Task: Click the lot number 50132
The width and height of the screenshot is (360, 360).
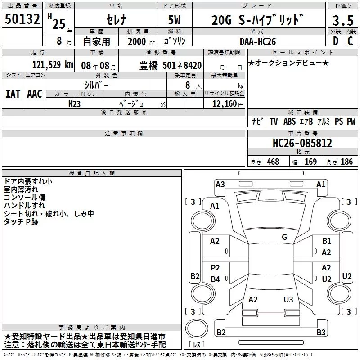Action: [x=22, y=19]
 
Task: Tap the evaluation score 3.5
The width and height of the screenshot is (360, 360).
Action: [x=343, y=20]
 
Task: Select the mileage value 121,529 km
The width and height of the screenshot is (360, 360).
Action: [x=53, y=65]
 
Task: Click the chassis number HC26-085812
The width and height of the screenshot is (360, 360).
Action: [x=302, y=143]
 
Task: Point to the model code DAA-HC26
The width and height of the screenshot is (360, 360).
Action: [x=257, y=41]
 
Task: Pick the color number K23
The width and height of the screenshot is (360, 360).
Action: [x=74, y=104]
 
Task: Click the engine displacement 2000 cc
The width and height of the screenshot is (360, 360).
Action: [x=141, y=41]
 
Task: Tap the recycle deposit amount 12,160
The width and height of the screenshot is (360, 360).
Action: [x=225, y=103]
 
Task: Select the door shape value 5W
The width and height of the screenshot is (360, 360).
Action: [x=174, y=20]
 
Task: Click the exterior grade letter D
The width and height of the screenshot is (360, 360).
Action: [x=336, y=41]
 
